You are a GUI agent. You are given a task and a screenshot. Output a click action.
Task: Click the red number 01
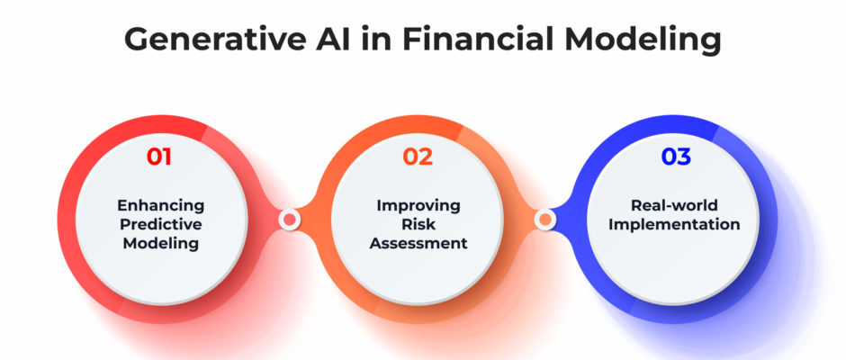coord(158,157)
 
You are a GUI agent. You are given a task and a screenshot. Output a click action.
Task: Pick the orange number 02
coord(418,157)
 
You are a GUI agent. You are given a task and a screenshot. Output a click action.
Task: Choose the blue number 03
coord(676,157)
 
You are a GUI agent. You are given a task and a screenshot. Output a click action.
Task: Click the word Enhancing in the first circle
coord(161,205)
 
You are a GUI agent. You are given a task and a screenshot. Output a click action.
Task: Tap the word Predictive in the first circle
coord(161,224)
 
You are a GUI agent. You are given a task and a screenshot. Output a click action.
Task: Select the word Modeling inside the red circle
coord(161,243)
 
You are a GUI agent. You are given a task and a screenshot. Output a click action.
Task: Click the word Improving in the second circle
coord(418,205)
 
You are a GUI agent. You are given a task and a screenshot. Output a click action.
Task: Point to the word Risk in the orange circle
coord(418,224)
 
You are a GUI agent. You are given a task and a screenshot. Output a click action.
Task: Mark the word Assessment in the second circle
coord(418,243)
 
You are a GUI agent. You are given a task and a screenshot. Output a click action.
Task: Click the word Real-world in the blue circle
coord(674,205)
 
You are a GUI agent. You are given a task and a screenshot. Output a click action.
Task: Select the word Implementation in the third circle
coord(674,224)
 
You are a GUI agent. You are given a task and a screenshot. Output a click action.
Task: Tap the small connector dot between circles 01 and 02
coord(290,219)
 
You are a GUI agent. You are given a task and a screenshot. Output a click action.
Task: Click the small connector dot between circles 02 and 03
coord(545,219)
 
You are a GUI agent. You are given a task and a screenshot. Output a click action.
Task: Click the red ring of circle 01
coord(67,219)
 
